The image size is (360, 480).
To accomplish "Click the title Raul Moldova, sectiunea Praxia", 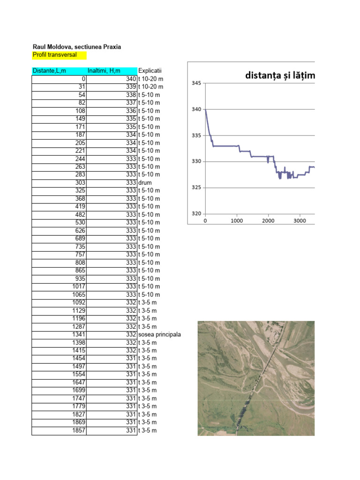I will [77, 47].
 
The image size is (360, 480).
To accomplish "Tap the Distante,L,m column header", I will [50, 71].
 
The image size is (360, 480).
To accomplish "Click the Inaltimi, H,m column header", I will [104, 71].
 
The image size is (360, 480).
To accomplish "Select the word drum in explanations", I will [145, 182].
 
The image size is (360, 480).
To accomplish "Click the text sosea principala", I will [159, 334].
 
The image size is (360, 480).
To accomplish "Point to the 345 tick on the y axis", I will [196, 83].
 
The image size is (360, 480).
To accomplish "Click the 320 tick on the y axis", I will [196, 214].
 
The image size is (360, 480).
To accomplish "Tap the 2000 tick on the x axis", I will [268, 221].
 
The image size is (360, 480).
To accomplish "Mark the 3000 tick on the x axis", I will [300, 221].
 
